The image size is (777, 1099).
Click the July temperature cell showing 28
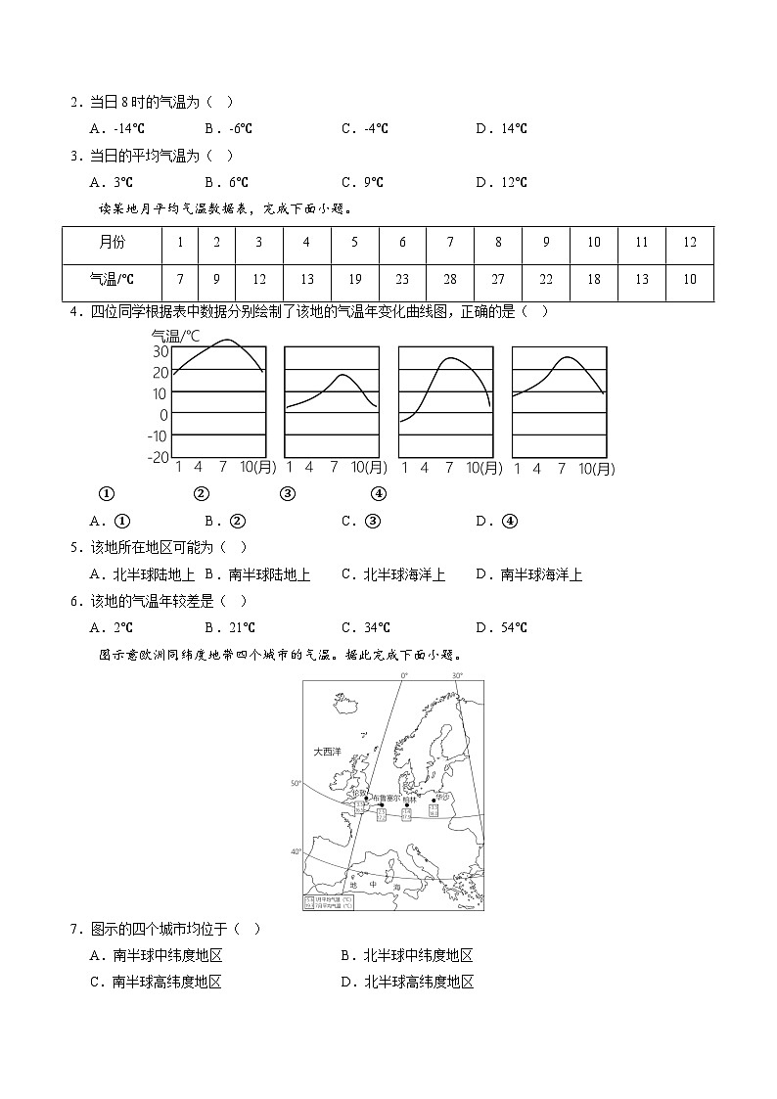[450, 280]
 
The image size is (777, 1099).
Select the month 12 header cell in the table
[689, 243]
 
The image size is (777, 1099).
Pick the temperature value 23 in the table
[402, 280]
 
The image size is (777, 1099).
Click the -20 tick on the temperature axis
[159, 457]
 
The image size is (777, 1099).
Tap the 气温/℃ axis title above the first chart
[174, 335]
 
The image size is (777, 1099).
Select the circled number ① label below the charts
[108, 493]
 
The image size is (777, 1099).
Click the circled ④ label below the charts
[379, 493]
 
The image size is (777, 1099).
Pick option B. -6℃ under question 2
[229, 128]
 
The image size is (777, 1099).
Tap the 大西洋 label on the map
[327, 752]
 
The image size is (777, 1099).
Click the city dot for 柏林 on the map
[407, 805]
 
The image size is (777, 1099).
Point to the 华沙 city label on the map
[442, 797]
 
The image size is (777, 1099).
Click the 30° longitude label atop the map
[456, 676]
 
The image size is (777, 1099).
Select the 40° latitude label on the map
[297, 852]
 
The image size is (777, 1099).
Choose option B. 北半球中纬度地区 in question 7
[407, 956]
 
